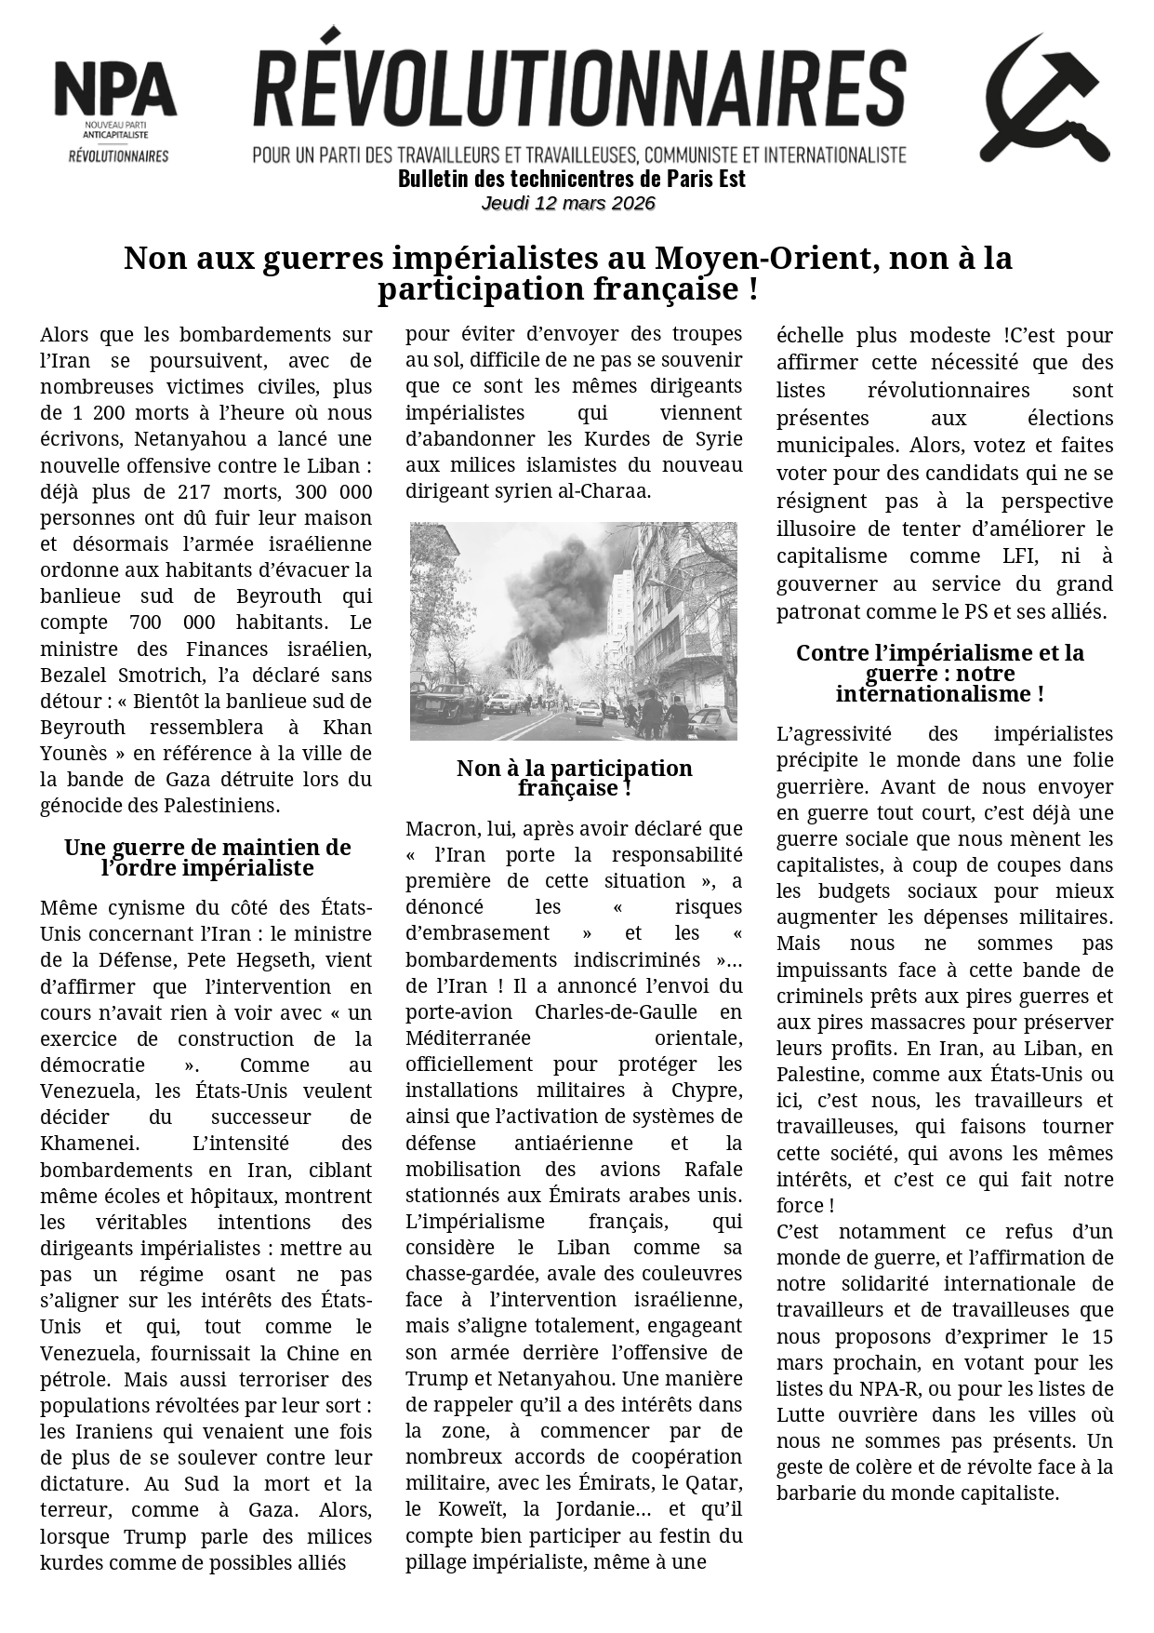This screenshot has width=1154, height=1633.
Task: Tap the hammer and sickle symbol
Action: click(x=1043, y=99)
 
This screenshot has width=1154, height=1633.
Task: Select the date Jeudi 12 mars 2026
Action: click(x=568, y=204)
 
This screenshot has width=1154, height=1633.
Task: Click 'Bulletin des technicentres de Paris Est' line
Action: click(x=571, y=179)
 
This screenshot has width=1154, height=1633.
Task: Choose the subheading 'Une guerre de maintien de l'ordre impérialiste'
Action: click(x=207, y=857)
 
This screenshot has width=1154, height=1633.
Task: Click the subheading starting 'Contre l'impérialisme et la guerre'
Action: click(x=939, y=673)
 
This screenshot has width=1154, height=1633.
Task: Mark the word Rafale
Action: click(x=713, y=1169)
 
